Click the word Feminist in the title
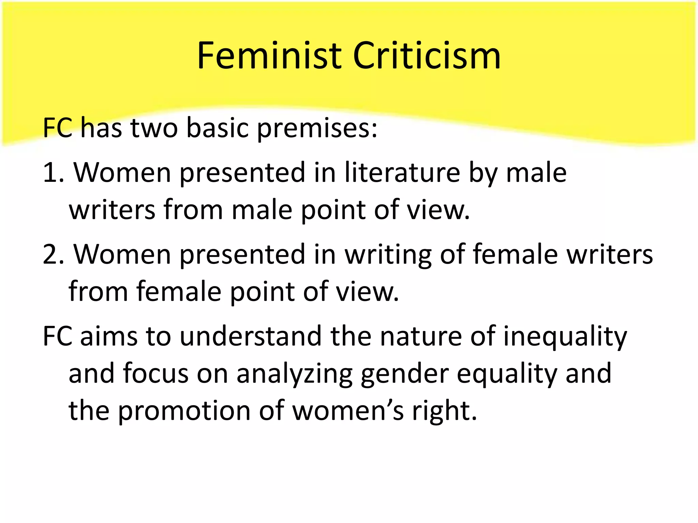click(269, 56)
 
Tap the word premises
click(317, 129)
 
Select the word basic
click(217, 128)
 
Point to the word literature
click(402, 172)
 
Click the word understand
click(251, 336)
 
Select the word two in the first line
click(154, 128)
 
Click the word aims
click(108, 336)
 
